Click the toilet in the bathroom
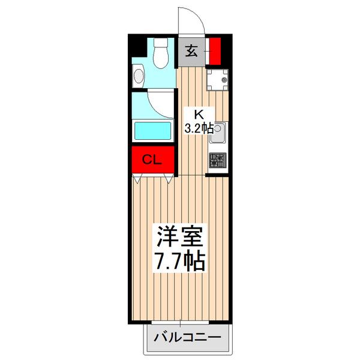[161, 55]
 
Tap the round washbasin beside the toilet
[139, 76]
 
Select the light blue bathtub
[153, 130]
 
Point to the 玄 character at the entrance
[191, 50]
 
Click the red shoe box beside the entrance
[215, 50]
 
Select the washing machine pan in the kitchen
[218, 79]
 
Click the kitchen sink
[217, 133]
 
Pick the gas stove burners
[217, 161]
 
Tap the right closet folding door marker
[169, 178]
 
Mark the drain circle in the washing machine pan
[224, 80]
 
